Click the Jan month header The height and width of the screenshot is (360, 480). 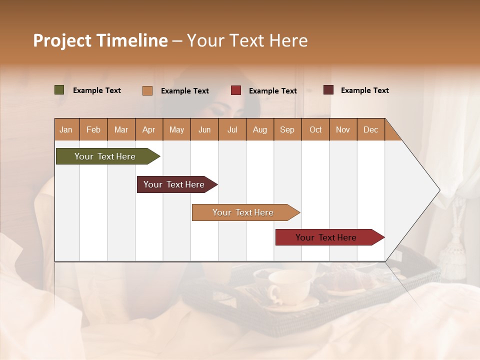click(x=66, y=129)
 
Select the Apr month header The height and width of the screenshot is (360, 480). click(x=148, y=129)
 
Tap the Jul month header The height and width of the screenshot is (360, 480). click(x=232, y=129)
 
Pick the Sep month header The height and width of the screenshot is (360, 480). click(x=287, y=129)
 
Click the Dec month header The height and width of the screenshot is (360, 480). click(x=370, y=129)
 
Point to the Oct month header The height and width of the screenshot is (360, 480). click(x=315, y=129)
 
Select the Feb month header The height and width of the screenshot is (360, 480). click(x=93, y=129)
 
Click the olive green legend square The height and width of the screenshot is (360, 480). click(x=59, y=90)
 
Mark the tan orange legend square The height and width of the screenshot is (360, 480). click(x=147, y=90)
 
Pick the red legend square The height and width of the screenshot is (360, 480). click(x=235, y=90)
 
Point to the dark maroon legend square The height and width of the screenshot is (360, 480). click(x=328, y=90)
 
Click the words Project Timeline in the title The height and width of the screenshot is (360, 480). click(x=100, y=40)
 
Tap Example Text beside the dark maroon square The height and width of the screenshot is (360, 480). click(x=364, y=90)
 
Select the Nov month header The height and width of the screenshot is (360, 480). click(x=342, y=129)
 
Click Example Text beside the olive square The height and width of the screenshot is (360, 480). click(x=96, y=90)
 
